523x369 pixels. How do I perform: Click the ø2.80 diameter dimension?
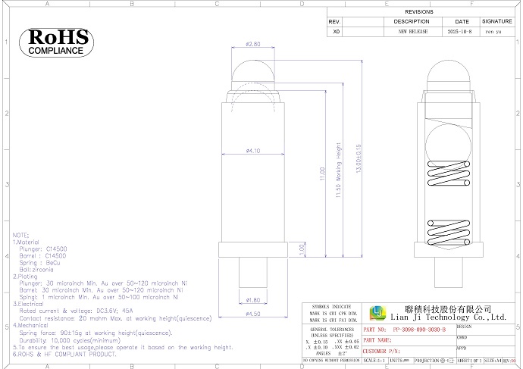[252, 45]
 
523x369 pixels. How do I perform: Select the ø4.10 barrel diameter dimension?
[252, 151]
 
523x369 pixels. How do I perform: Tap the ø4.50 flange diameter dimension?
[252, 314]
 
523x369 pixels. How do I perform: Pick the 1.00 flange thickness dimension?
[301, 248]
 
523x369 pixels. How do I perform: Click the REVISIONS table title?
[419, 13]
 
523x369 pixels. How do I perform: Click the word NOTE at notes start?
[20, 236]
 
